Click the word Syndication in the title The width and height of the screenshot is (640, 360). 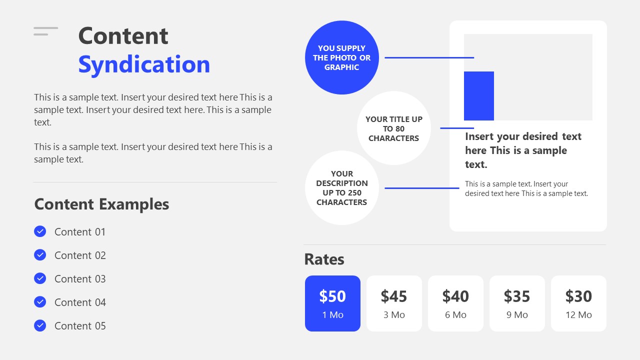144,64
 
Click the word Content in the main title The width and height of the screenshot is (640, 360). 123,36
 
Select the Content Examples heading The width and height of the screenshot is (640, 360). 101,204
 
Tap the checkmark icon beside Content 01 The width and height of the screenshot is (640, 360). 40,231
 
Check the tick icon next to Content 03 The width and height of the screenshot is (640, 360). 40,278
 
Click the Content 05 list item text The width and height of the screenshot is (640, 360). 80,326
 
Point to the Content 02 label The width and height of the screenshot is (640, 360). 80,255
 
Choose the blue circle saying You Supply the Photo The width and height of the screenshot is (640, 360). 342,57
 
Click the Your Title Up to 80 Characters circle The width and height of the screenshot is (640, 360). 394,128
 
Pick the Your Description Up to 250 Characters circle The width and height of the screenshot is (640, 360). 342,188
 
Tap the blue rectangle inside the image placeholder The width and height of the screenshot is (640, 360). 479,96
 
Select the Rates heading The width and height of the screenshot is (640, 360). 324,259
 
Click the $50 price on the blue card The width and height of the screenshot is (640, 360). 332,296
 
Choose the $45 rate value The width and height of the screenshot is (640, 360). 394,296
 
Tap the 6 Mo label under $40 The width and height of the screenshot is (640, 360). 455,315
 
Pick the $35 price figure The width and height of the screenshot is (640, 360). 517,296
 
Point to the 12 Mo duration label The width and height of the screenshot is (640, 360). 578,315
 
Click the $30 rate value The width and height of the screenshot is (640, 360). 578,296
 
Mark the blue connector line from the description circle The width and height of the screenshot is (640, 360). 422,188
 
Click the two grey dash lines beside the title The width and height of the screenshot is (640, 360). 45,31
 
